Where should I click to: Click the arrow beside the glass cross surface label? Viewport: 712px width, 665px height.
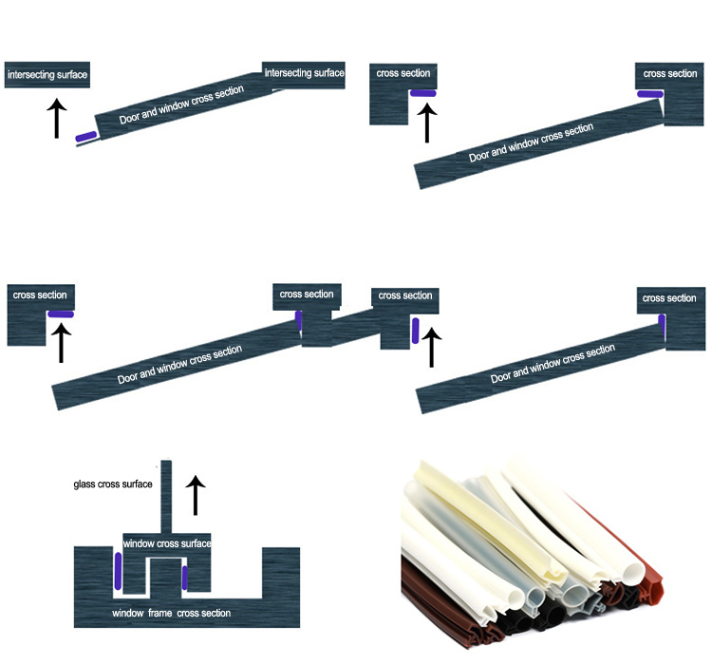[195, 496]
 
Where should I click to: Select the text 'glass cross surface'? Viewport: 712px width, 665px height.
[113, 484]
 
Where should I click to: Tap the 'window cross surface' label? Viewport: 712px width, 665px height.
[167, 543]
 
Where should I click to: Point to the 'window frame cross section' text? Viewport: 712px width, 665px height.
[171, 613]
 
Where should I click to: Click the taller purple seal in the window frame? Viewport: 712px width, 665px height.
[118, 571]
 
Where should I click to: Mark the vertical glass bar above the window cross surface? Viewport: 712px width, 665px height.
[165, 494]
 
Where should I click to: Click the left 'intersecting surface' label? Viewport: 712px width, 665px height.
[47, 73]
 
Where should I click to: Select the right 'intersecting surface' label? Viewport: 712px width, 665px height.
[304, 73]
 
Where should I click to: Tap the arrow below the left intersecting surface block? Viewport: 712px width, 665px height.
[56, 118]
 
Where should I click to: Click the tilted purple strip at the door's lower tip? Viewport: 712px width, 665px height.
[85, 138]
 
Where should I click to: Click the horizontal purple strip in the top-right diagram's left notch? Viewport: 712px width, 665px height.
[422, 93]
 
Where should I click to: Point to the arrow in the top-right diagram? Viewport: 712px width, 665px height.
[427, 123]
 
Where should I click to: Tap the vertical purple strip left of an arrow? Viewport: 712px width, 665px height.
[415, 331]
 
